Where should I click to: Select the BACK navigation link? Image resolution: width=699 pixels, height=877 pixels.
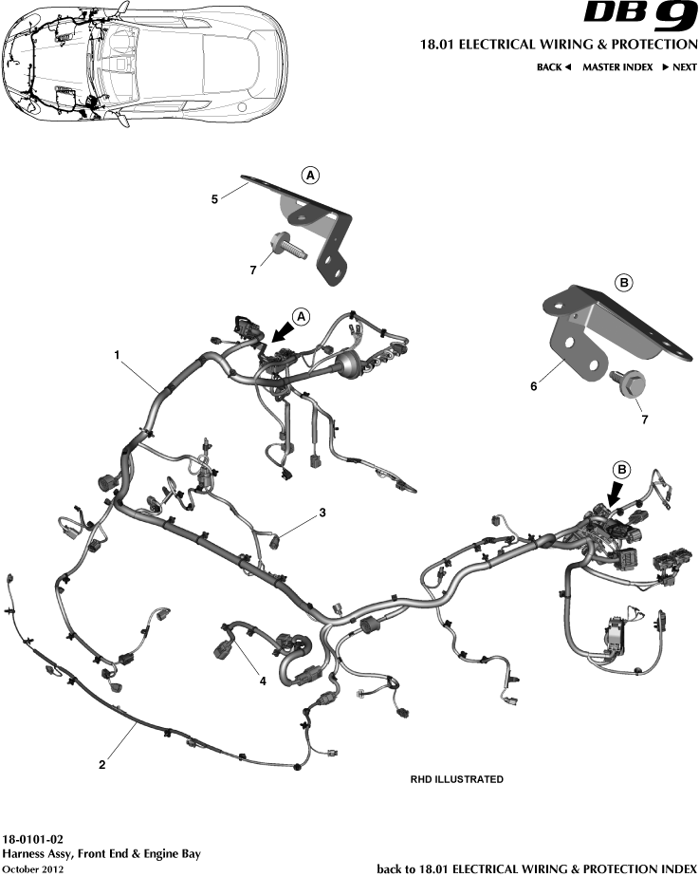point(554,67)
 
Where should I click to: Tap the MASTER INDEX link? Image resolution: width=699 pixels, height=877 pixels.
point(616,67)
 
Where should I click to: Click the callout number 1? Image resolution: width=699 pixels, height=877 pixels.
point(117,355)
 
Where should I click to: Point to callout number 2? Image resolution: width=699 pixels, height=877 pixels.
point(101,763)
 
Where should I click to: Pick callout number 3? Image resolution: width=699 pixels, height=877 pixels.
point(322,513)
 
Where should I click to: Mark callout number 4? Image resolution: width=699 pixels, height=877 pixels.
point(264,680)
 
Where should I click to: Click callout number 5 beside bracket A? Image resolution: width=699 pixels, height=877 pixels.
point(214,200)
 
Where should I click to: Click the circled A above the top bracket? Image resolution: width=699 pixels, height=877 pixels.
point(310,175)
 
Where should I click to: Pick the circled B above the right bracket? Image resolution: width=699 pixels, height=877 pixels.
point(624,282)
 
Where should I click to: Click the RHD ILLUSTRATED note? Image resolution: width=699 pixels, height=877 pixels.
point(456,779)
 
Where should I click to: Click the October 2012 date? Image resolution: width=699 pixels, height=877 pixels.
point(34,868)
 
